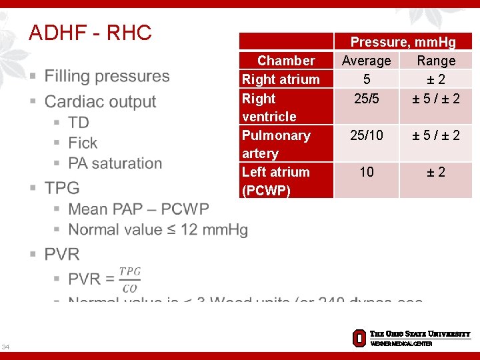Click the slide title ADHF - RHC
[x=90, y=32]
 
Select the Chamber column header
[x=286, y=61]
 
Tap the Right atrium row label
[x=281, y=79]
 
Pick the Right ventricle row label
[x=269, y=107]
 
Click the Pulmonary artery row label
[x=276, y=144]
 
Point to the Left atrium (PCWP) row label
[x=275, y=181]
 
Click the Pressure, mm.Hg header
[x=403, y=42]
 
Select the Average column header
[x=366, y=61]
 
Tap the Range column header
[x=436, y=61]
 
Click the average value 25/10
[x=366, y=135]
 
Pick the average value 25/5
[x=366, y=99]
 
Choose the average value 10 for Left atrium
[x=366, y=172]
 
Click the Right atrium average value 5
[x=366, y=79]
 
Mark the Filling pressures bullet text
[x=107, y=76]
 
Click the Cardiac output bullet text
[x=100, y=101]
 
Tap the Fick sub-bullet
[x=83, y=143]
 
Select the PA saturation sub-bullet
[x=115, y=163]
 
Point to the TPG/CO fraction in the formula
[x=129, y=280]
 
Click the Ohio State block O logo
[x=359, y=338]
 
